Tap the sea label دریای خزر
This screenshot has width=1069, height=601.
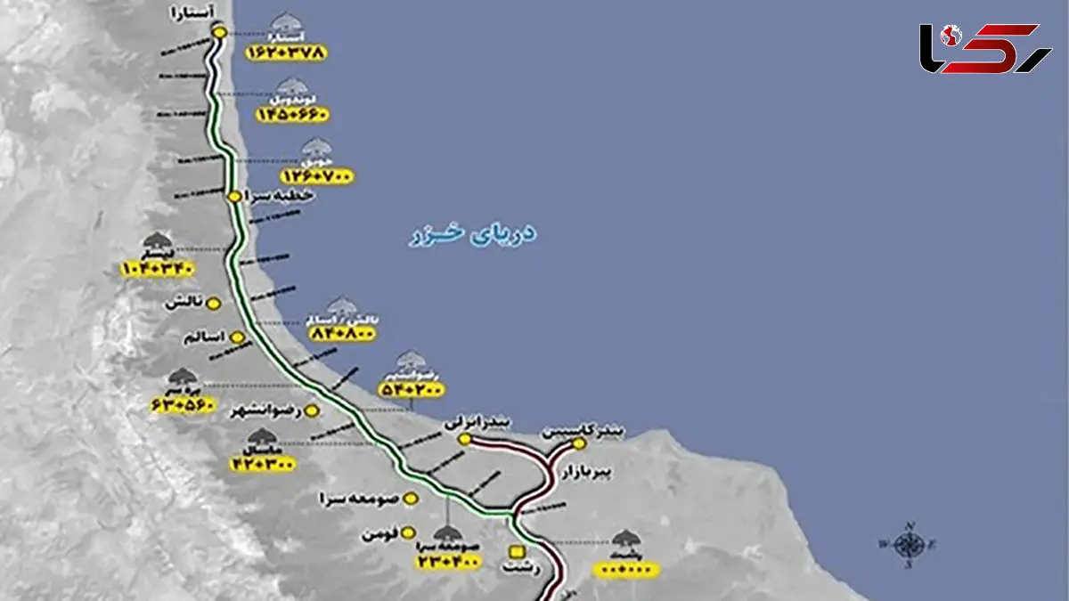tap(473, 235)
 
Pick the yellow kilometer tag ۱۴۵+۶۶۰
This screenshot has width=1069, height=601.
tap(292, 115)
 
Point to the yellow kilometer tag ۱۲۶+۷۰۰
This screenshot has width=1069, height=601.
tap(316, 176)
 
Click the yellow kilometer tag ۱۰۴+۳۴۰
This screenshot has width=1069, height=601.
tap(158, 267)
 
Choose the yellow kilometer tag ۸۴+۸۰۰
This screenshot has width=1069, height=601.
tap(342, 333)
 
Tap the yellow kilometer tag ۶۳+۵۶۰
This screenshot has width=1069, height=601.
tap(184, 405)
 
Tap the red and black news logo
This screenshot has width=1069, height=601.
tap(985, 49)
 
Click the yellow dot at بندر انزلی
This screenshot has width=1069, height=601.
tap(464, 440)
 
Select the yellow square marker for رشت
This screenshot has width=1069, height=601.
tap(515, 550)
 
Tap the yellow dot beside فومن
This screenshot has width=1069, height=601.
tap(407, 534)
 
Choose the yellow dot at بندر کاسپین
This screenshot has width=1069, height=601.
tap(579, 443)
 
